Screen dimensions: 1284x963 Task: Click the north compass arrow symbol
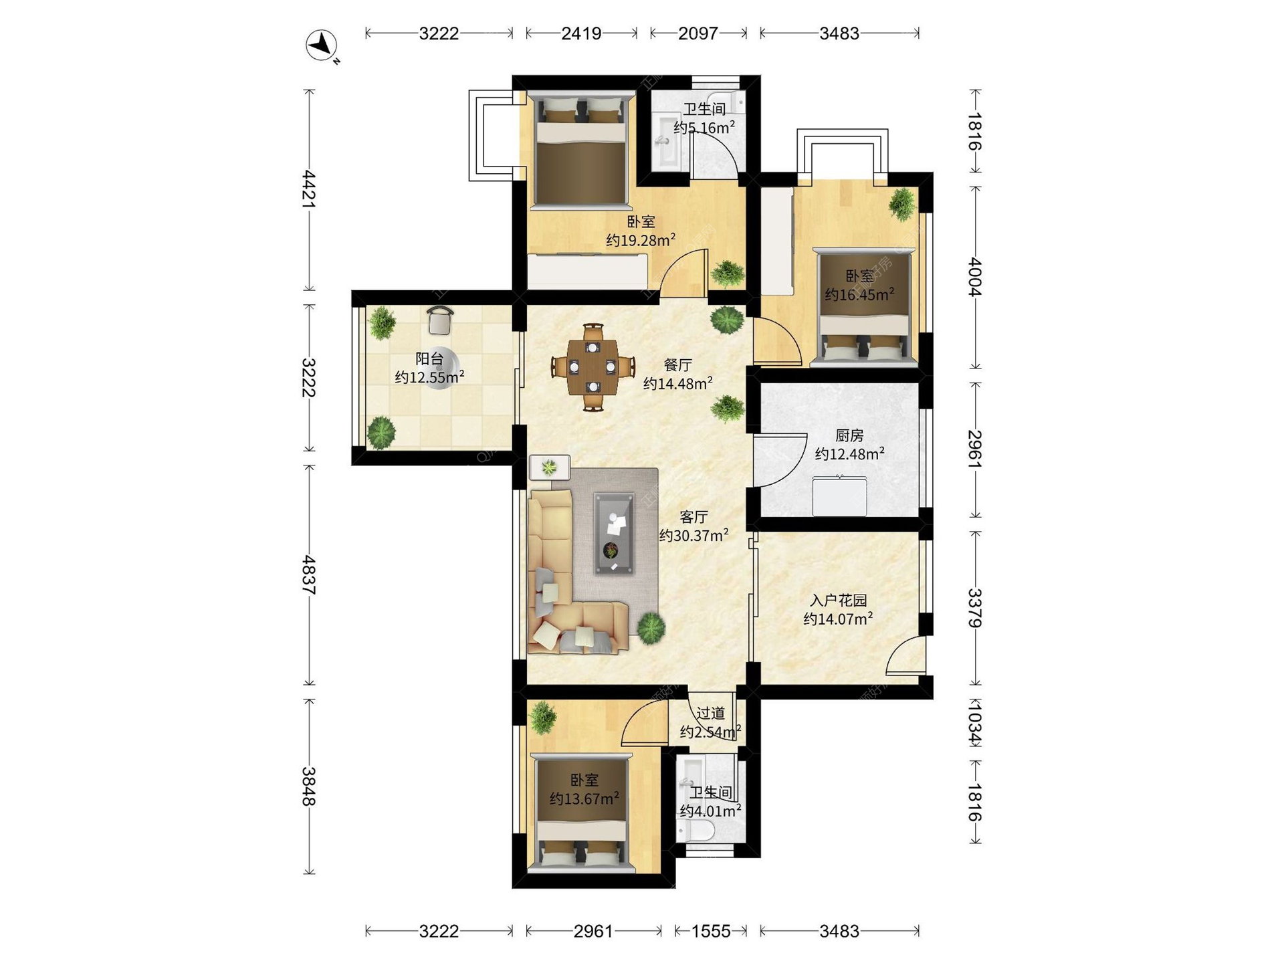pyautogui.click(x=322, y=45)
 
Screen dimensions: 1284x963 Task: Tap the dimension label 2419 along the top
pyautogui.click(x=581, y=33)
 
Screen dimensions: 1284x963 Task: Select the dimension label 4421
pyautogui.click(x=308, y=189)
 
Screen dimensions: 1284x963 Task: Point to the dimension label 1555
pyautogui.click(x=710, y=931)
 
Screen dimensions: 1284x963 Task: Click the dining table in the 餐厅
pyautogui.click(x=593, y=366)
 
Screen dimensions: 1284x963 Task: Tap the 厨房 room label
pyautogui.click(x=849, y=436)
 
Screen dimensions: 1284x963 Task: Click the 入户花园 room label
pyautogui.click(x=838, y=601)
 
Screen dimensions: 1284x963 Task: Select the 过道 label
pyautogui.click(x=710, y=714)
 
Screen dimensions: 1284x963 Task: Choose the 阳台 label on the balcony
pyautogui.click(x=429, y=359)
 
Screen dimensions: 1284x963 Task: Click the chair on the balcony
pyautogui.click(x=440, y=320)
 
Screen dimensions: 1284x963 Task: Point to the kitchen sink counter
pyautogui.click(x=839, y=496)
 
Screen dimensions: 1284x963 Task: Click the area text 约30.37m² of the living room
pyautogui.click(x=693, y=536)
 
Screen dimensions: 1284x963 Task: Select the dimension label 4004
pyautogui.click(x=974, y=277)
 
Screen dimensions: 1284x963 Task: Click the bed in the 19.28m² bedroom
pyautogui.click(x=580, y=150)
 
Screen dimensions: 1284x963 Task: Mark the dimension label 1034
pyautogui.click(x=974, y=722)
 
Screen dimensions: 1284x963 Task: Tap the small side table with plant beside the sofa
pyautogui.click(x=550, y=467)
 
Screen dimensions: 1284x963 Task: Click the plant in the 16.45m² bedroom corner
pyautogui.click(x=902, y=204)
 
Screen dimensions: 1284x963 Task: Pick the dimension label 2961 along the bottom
pyautogui.click(x=593, y=931)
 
